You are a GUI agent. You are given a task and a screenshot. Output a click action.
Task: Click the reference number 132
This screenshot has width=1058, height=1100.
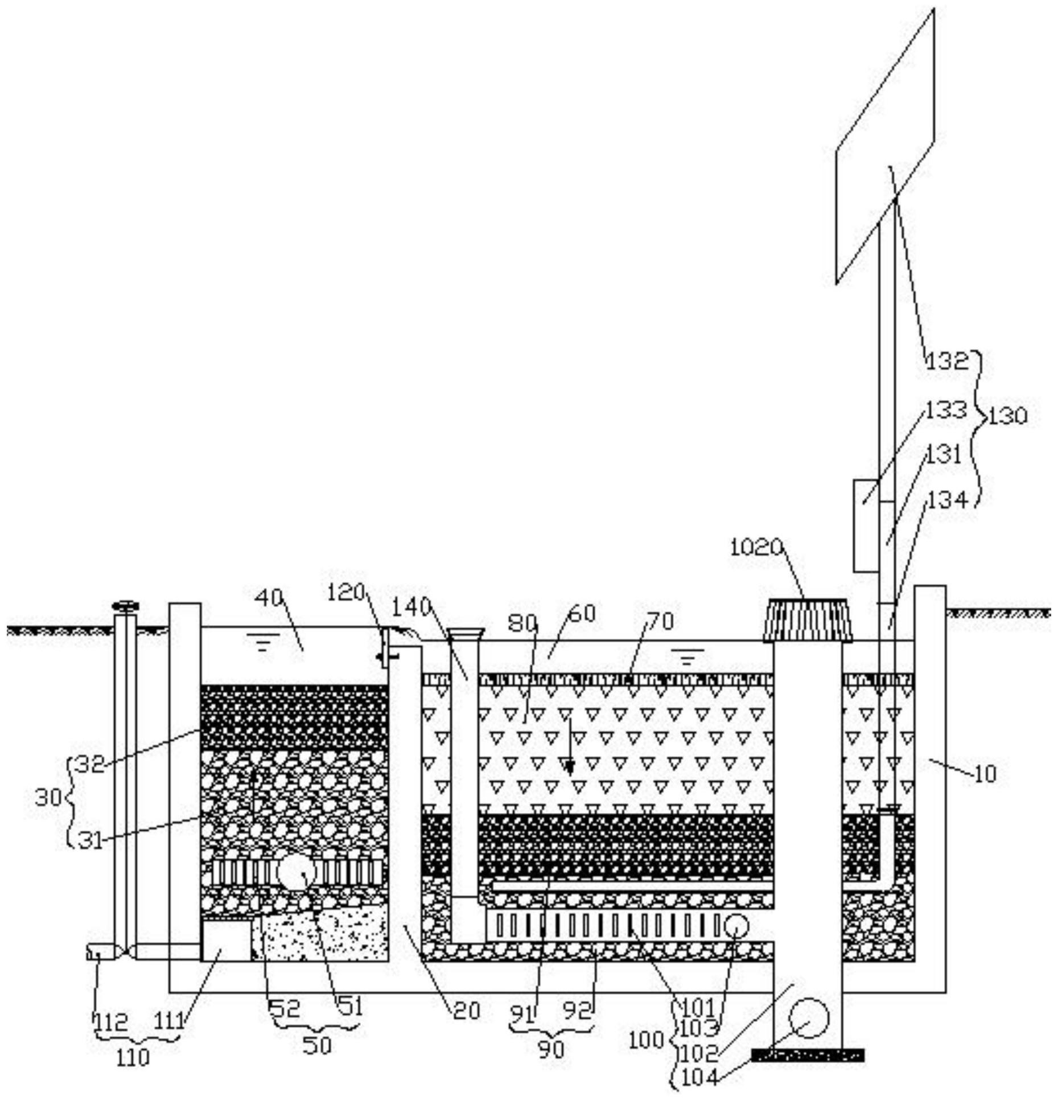click(946, 361)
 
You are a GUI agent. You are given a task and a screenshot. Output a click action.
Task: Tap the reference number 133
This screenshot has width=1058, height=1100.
click(946, 411)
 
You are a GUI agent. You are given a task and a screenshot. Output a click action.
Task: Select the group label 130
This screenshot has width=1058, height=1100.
click(1008, 417)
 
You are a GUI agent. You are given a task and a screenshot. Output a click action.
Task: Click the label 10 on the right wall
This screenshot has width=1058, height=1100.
click(986, 774)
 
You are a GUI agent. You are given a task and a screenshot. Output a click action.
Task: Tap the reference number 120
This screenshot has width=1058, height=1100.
click(345, 593)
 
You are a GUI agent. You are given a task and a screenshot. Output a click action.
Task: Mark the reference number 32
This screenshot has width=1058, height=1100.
click(90, 764)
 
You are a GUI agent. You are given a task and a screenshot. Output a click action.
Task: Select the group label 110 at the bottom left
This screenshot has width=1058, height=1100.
click(133, 1057)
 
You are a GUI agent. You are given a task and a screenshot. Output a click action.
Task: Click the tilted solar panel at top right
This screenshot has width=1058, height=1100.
click(885, 145)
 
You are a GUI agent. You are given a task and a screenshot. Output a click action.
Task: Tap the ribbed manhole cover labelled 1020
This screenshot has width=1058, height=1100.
click(808, 620)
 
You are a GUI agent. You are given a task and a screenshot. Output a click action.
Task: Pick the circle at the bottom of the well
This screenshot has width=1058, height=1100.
click(809, 1019)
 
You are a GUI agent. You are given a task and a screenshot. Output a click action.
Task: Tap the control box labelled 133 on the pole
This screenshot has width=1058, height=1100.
click(865, 526)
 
